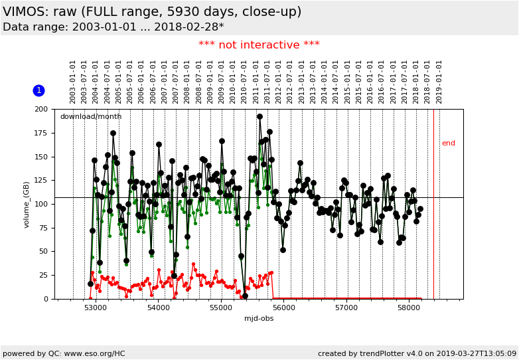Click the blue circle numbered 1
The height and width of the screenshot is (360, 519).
pyautogui.click(x=38, y=90)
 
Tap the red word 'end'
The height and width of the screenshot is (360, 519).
pyautogui.click(x=449, y=143)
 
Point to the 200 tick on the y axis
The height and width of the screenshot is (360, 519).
pyautogui.click(x=41, y=109)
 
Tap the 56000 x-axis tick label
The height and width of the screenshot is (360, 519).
pyautogui.click(x=284, y=308)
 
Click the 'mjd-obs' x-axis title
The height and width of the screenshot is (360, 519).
pyautogui.click(x=259, y=319)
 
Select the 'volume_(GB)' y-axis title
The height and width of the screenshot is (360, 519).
pyautogui.click(x=27, y=204)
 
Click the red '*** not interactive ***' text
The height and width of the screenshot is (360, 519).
pyautogui.click(x=259, y=45)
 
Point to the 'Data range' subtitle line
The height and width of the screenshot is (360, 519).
pyautogui.click(x=113, y=27)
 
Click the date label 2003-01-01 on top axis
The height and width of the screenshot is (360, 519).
pyautogui.click(x=73, y=82)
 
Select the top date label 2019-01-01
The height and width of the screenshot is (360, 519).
pyautogui.click(x=439, y=82)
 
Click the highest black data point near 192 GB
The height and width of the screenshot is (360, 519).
pyautogui.click(x=259, y=116)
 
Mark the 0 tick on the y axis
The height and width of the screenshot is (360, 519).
pyautogui.click(x=46, y=299)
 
